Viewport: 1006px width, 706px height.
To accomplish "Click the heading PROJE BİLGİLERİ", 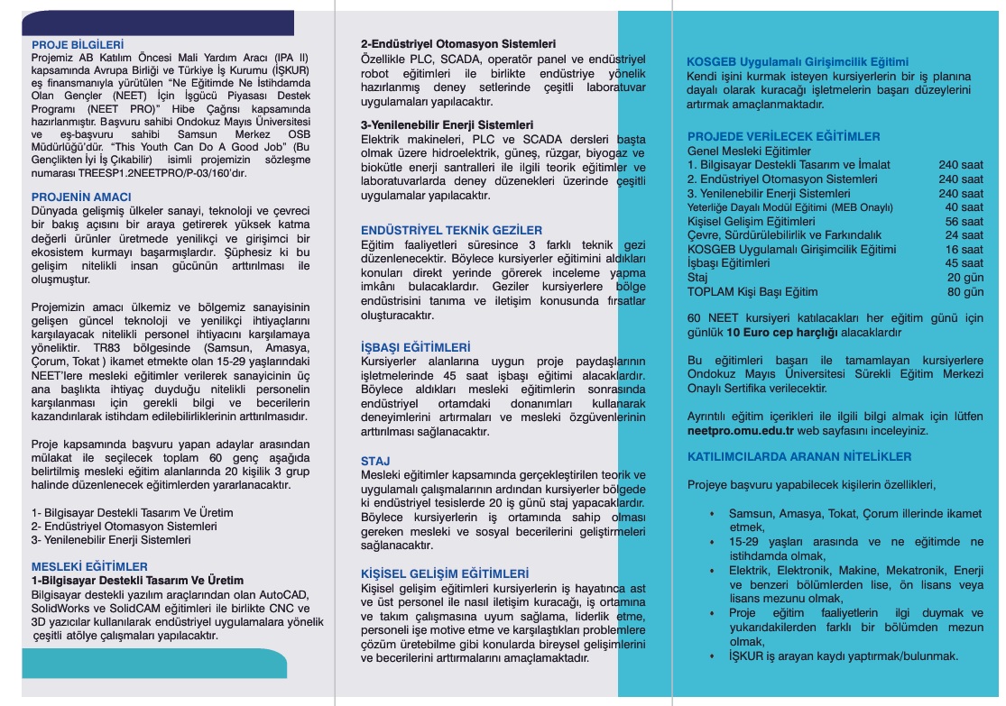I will coord(77,43).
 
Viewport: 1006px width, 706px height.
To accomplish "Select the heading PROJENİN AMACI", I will coord(81,197).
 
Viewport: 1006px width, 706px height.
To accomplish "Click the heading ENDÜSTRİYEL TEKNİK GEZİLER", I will coord(452,231).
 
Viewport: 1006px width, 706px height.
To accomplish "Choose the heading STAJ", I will coord(375,461).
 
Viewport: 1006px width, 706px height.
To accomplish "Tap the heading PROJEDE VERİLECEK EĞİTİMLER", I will coord(783,137).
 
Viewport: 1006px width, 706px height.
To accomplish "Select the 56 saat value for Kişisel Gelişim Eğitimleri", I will coord(964,222).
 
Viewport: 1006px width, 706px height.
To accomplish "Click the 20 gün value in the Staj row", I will coord(965,278).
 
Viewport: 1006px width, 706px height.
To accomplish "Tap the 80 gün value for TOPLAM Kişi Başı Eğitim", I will coord(965,292).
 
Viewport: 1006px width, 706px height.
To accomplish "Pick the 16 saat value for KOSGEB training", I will coord(964,250).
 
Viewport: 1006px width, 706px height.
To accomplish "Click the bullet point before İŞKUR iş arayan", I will coord(711,656).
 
